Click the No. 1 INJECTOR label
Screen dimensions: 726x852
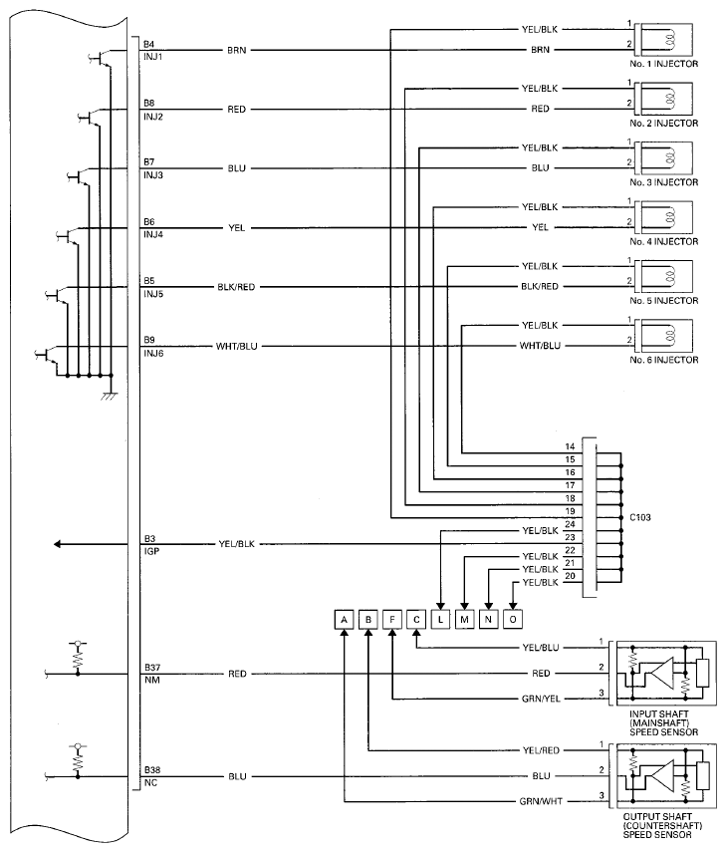(663, 64)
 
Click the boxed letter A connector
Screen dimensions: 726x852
(344, 620)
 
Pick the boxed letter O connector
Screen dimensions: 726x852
(513, 620)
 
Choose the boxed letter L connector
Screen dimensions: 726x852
(440, 620)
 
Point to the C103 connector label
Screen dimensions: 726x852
(640, 517)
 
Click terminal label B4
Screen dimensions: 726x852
(148, 44)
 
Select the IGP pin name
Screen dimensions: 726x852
(151, 551)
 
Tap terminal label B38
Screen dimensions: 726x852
(152, 770)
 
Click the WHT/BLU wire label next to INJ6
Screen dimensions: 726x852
(236, 346)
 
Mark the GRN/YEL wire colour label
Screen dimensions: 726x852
(541, 699)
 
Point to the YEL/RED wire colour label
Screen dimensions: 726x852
(541, 750)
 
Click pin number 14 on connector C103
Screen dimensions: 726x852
(570, 446)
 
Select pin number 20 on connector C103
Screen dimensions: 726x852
(570, 576)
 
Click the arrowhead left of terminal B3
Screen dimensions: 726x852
(57, 544)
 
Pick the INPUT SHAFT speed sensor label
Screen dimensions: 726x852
(663, 722)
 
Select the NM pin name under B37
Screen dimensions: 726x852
(152, 680)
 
